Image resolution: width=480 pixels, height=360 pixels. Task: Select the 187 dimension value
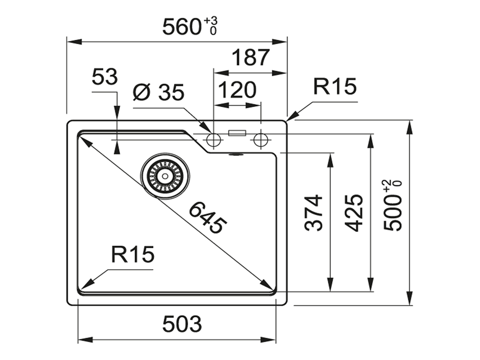pyautogui.click(x=250, y=58)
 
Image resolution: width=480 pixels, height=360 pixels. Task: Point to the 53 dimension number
pyautogui.click(x=105, y=77)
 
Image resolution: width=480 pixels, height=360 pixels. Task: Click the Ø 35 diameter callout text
pyautogui.click(x=158, y=93)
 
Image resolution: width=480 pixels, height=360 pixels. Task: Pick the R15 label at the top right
pyautogui.click(x=335, y=87)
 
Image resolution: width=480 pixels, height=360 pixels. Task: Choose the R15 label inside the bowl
pyautogui.click(x=132, y=254)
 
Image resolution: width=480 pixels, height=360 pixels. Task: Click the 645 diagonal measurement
pyautogui.click(x=206, y=219)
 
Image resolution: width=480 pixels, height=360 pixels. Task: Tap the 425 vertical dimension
pyautogui.click(x=355, y=213)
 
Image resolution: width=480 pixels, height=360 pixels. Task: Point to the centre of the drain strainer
pyautogui.click(x=165, y=176)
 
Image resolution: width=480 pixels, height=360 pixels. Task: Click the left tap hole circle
pyautogui.click(x=213, y=140)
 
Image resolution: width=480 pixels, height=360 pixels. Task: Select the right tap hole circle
pyautogui.click(x=261, y=140)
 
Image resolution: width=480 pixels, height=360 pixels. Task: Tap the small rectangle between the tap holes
pyautogui.click(x=237, y=133)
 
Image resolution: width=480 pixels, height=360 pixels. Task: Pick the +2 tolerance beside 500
pyautogui.click(x=386, y=184)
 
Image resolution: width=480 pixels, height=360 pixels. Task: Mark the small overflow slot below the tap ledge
pyautogui.click(x=236, y=155)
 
